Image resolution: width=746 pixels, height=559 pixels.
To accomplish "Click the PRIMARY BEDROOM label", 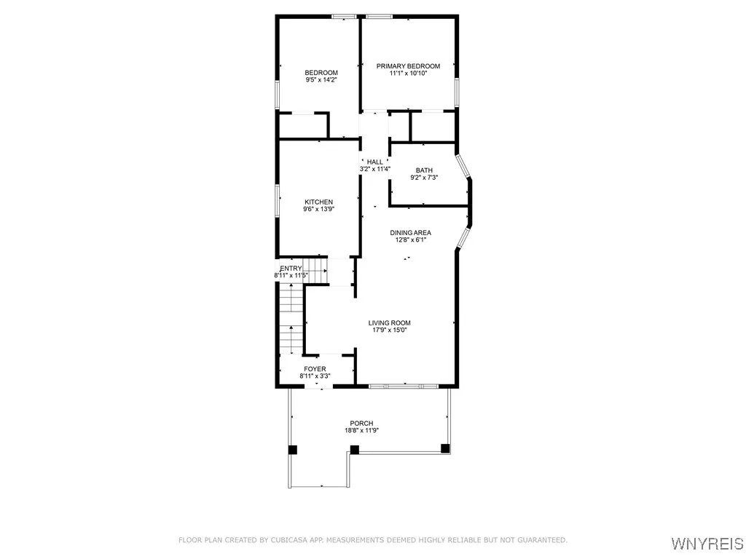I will (x=408, y=66).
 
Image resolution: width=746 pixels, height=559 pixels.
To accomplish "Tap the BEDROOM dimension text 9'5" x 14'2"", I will (x=321, y=80).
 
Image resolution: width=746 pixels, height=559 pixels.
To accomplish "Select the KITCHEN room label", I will (x=318, y=202).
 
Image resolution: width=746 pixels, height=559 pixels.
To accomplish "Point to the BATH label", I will (x=424, y=170).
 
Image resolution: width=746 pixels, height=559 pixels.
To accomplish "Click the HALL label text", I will (x=374, y=162).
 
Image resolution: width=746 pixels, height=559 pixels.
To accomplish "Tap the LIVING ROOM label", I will (x=389, y=323).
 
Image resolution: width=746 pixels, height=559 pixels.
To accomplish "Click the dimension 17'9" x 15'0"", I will (x=389, y=330).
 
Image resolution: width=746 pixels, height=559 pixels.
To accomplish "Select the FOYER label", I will (x=315, y=369).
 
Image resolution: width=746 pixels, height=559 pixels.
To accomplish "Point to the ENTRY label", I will (x=291, y=269).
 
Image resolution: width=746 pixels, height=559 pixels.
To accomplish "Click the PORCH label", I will (x=361, y=424).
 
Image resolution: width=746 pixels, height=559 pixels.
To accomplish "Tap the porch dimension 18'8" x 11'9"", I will (x=361, y=431).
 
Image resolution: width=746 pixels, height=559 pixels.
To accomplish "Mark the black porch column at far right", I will (x=444, y=449).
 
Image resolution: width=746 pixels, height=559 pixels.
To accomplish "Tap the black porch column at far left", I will (x=292, y=450).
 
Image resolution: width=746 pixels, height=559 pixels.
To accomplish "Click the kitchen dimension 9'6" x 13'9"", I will (x=318, y=210).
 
